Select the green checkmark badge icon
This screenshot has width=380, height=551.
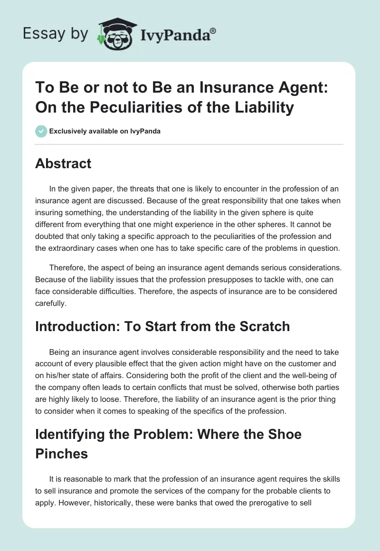pos(41,131)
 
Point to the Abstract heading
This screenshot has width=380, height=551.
pos(63,164)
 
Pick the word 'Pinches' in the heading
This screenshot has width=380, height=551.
pos(62,454)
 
